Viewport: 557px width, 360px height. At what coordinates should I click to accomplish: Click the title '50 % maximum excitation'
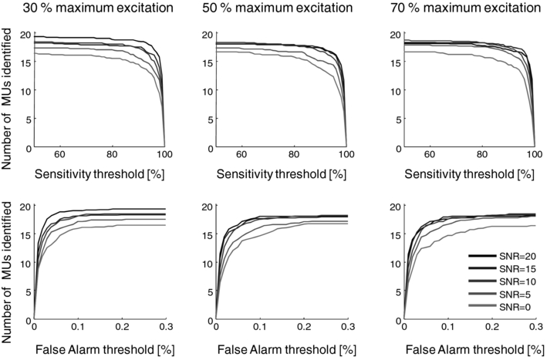coord(281,9)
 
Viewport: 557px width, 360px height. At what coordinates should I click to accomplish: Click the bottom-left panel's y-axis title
coord(9,262)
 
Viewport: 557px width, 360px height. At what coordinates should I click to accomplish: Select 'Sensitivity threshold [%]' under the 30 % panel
coord(99,173)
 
